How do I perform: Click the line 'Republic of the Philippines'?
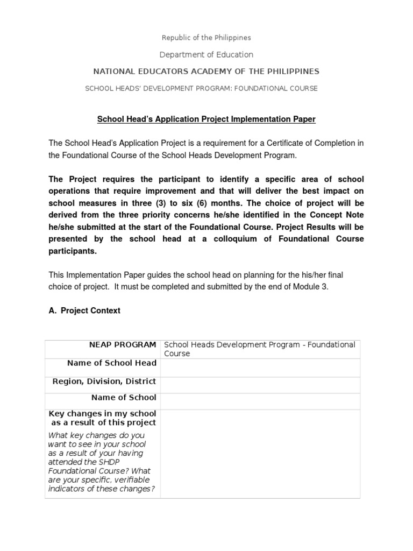206,38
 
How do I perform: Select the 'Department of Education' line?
206,54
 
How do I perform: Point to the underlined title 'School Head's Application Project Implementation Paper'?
206,119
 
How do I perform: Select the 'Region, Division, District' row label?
104,381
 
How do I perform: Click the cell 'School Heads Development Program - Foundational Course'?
260,349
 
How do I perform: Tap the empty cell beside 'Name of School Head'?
260,368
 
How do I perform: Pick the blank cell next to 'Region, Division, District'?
260,385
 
